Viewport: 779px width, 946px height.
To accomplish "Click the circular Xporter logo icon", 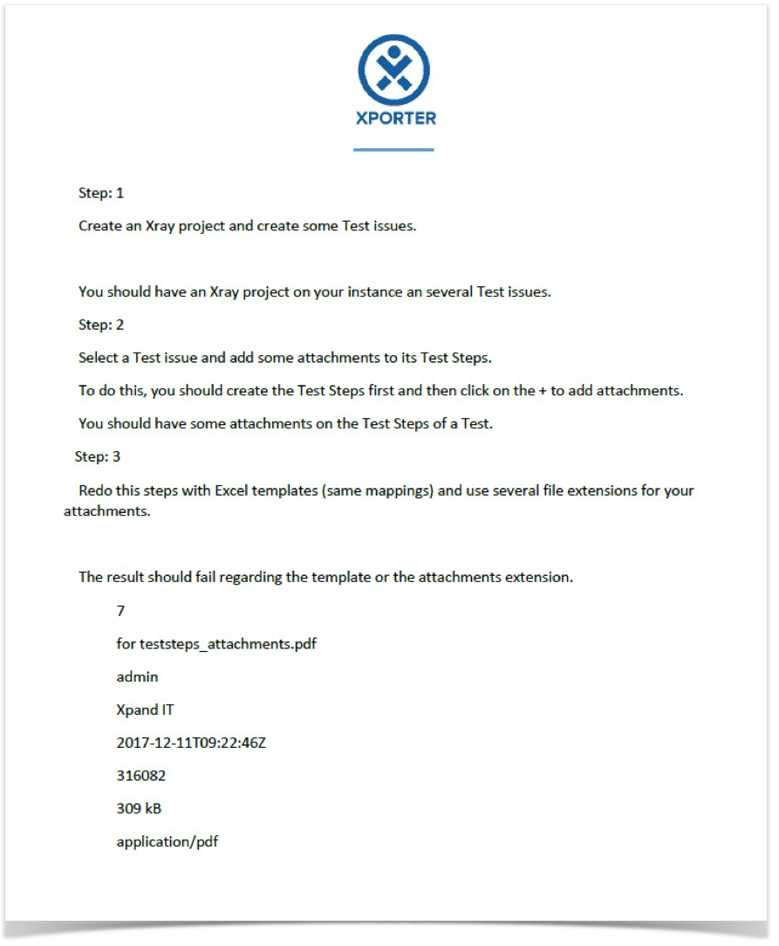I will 393,71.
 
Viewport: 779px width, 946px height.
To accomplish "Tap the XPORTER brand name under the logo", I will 396,118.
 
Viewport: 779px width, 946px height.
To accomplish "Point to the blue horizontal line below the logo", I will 393,150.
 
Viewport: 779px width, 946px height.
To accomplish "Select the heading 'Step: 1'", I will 101,193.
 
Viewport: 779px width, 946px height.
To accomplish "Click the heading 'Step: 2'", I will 101,325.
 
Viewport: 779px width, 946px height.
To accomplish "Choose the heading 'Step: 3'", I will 98,456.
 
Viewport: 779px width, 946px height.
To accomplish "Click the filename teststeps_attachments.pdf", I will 234,644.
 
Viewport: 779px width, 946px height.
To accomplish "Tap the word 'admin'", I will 137,676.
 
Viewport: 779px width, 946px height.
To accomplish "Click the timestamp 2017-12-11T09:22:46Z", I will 191,743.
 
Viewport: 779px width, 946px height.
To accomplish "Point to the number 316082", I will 140,775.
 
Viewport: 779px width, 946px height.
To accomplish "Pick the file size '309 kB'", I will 139,808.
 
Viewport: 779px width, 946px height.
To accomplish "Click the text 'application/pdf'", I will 167,842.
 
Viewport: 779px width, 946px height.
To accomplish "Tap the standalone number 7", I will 120,611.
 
